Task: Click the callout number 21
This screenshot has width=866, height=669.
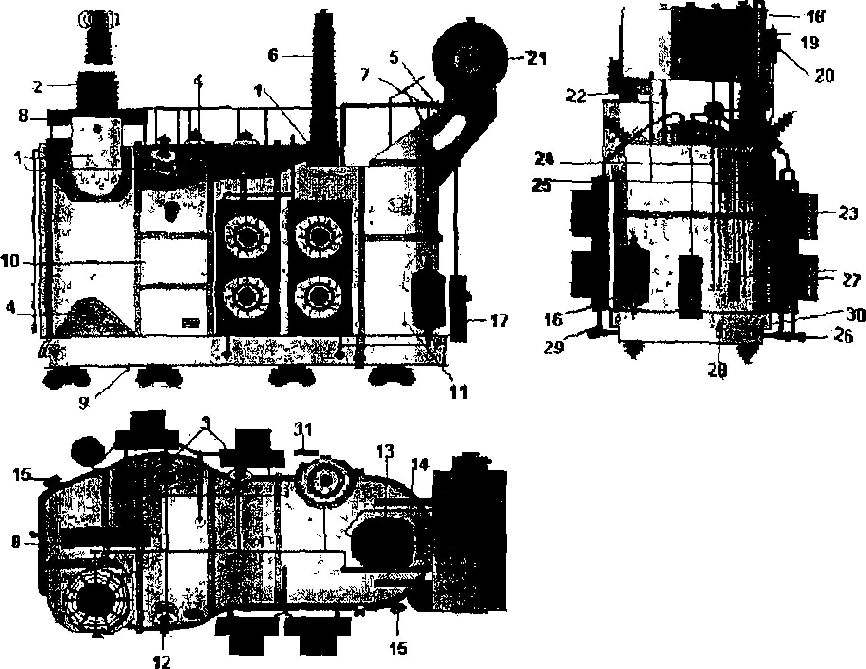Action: [536, 59]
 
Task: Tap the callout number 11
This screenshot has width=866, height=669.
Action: [459, 392]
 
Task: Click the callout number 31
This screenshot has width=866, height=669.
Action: [303, 430]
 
